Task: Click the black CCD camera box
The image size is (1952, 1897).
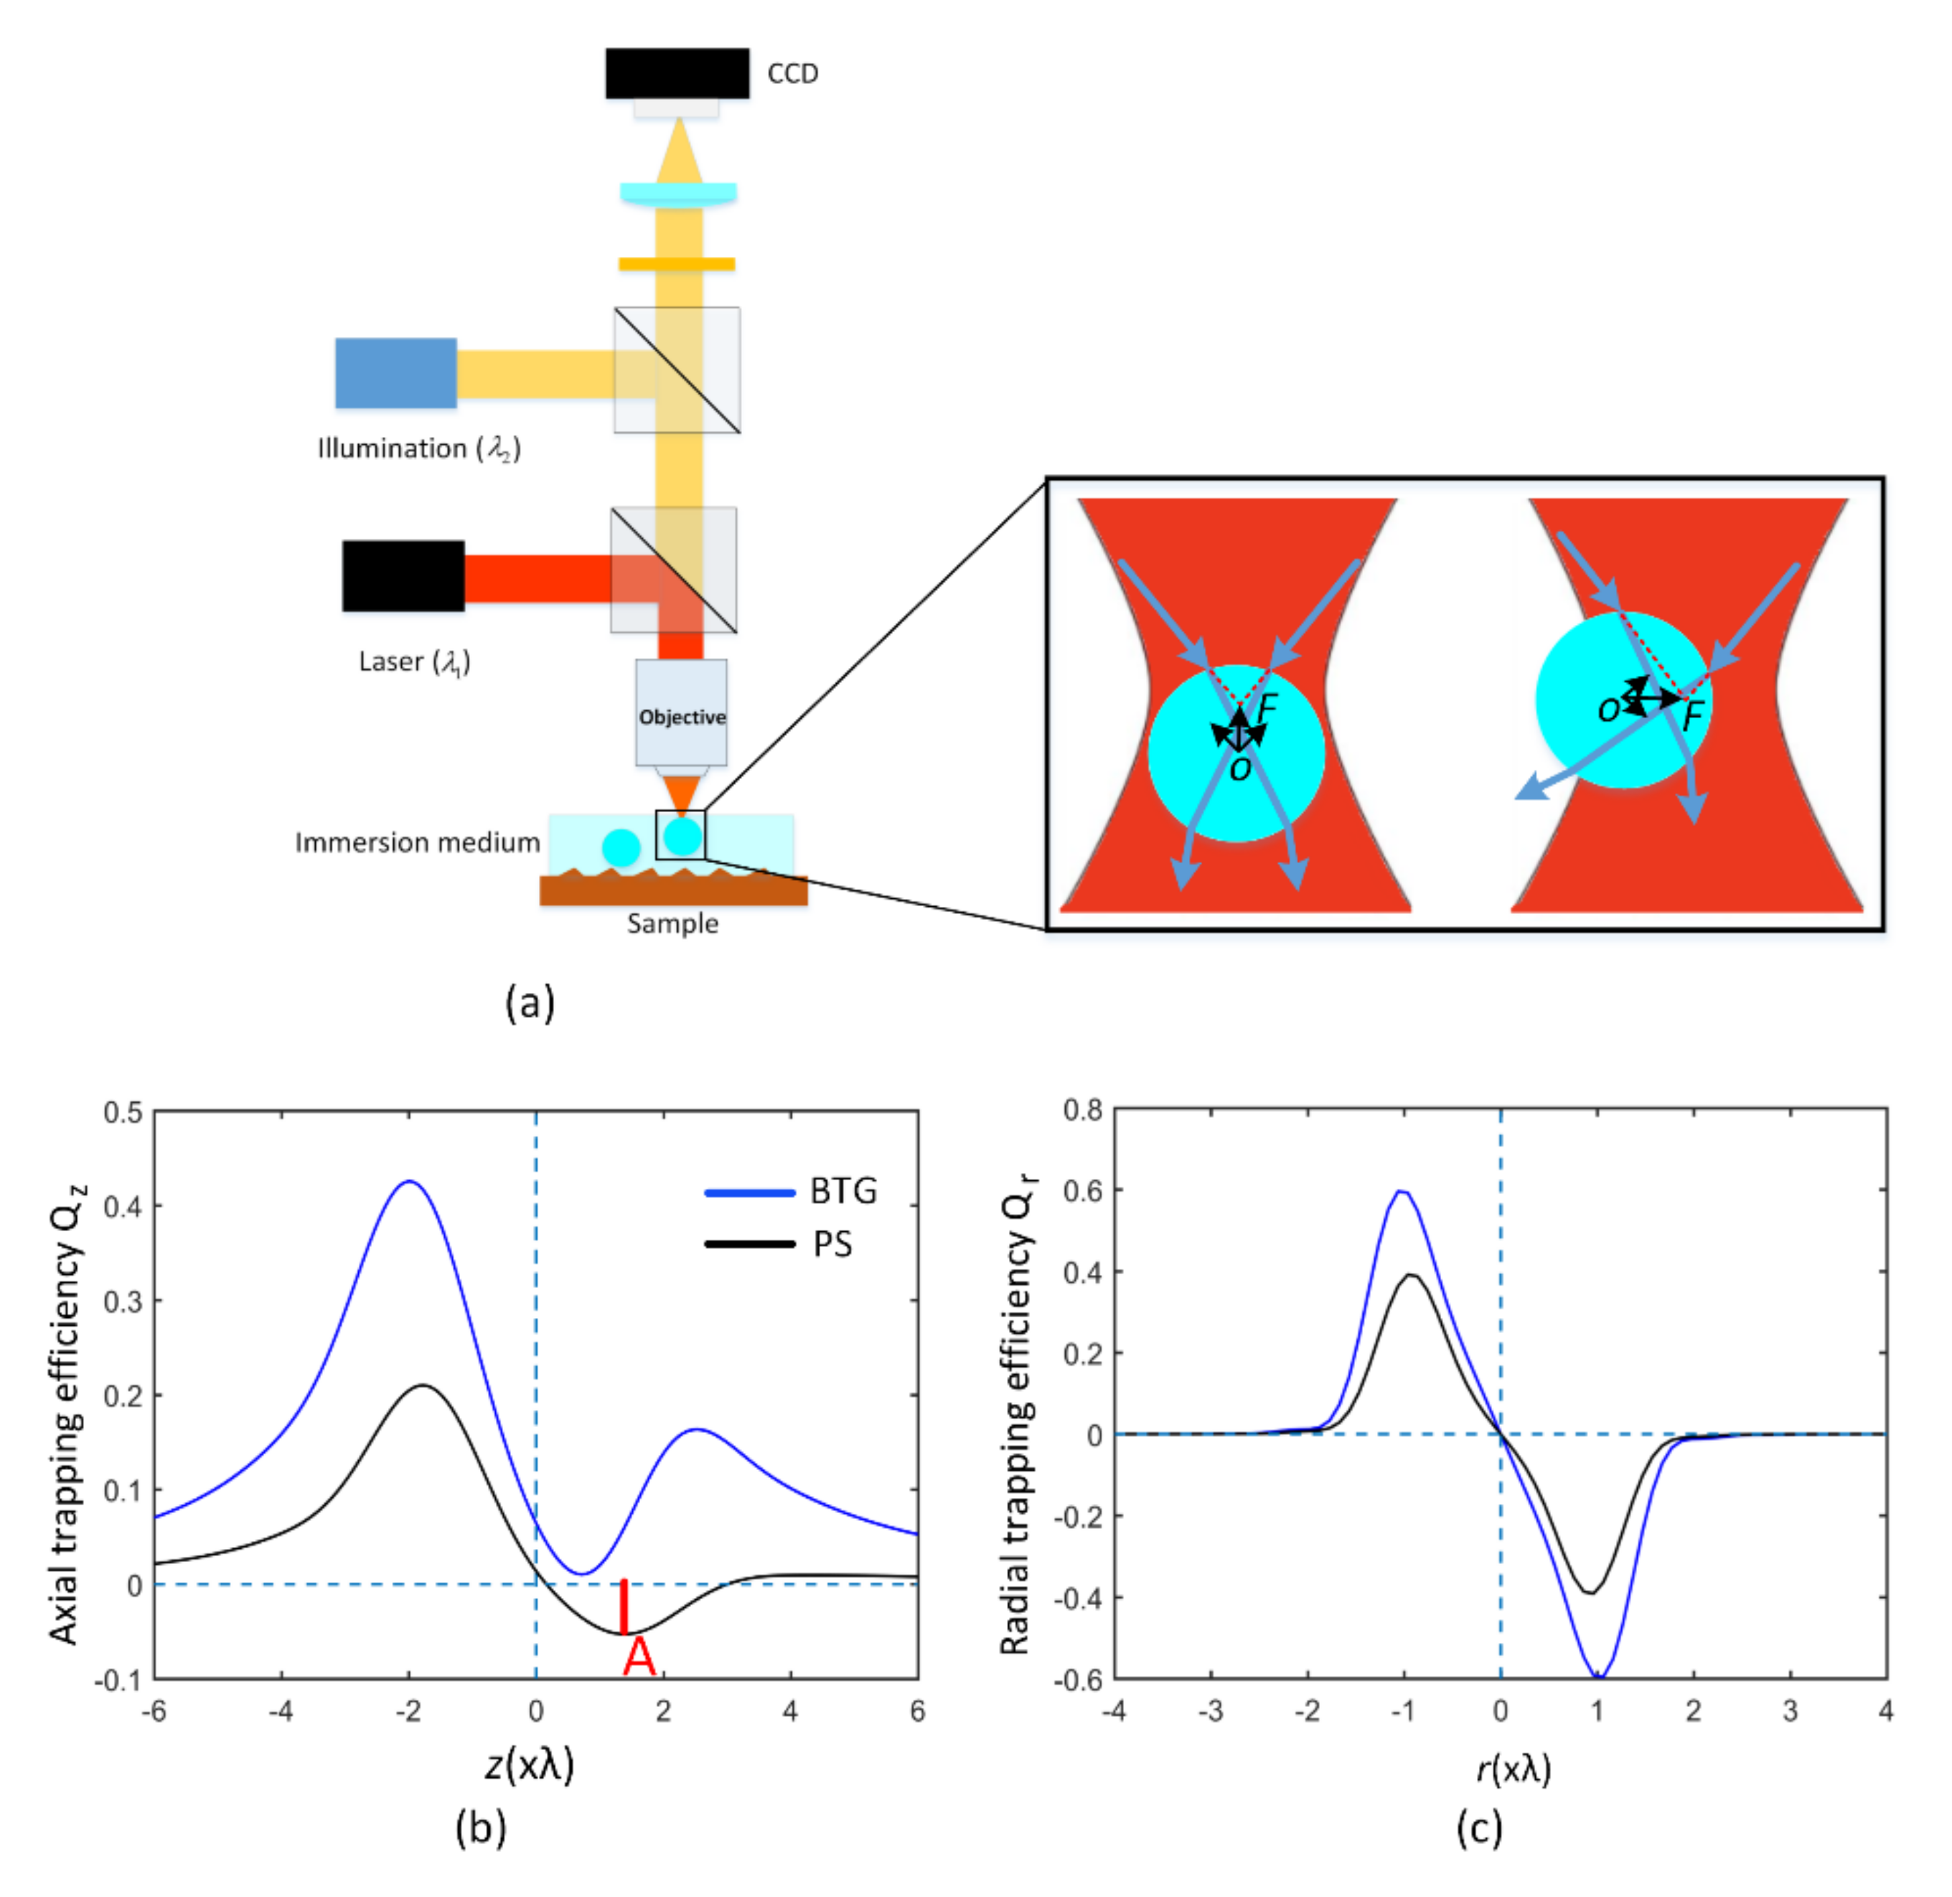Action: coord(677,72)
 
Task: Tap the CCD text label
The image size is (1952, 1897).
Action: coord(792,74)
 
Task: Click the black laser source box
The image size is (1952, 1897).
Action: coord(403,576)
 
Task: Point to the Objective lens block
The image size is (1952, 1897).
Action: coord(682,713)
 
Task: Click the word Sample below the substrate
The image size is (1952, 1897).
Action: coord(672,923)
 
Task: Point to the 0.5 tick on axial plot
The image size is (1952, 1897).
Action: coord(123,1113)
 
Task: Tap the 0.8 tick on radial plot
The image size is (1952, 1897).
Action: coord(1082,1110)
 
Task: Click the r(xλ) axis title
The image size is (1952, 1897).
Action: coord(1513,1767)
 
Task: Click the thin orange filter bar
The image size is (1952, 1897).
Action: coord(677,264)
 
